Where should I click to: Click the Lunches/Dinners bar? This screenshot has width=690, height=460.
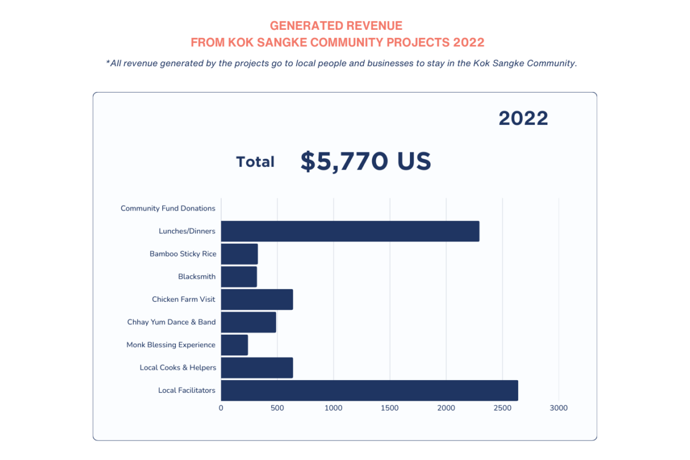[350, 231]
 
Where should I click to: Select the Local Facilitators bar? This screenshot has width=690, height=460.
[369, 390]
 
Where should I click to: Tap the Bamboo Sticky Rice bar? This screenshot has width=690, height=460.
[239, 254]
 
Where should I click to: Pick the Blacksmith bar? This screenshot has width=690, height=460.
[239, 277]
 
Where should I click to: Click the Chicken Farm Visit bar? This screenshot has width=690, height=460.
[256, 300]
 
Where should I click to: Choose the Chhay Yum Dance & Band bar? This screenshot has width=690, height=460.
[248, 322]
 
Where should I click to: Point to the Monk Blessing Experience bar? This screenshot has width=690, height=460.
[234, 345]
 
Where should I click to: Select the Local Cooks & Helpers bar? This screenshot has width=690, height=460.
[256, 368]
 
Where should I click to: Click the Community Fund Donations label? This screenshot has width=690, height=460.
[168, 208]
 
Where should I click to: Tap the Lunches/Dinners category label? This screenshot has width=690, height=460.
[187, 231]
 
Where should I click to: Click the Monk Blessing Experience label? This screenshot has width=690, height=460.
[171, 345]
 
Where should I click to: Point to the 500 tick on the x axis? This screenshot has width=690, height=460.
[277, 408]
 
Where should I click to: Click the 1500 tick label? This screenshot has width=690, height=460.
[390, 408]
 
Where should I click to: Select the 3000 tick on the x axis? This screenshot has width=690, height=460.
[558, 408]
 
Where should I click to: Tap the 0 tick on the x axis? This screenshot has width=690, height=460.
[221, 408]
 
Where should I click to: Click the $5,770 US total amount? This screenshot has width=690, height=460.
[366, 162]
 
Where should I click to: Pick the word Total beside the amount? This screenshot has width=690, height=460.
[255, 162]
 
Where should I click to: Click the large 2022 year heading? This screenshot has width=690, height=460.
[523, 118]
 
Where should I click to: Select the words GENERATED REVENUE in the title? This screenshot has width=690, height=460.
[336, 26]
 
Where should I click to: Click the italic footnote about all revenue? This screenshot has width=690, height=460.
[341, 63]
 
